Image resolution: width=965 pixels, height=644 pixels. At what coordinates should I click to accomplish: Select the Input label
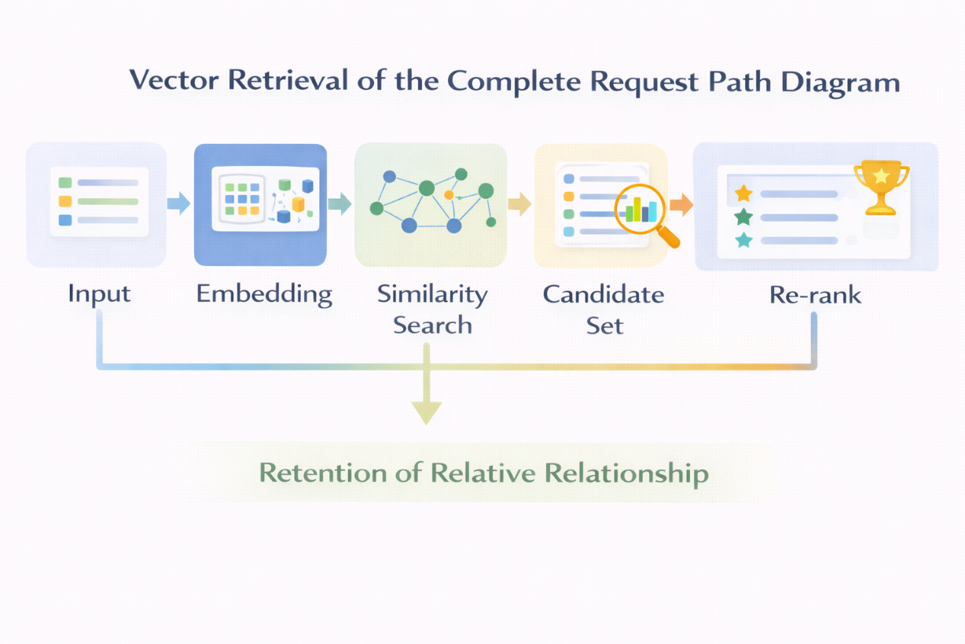(99, 294)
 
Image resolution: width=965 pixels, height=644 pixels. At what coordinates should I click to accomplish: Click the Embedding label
(264, 294)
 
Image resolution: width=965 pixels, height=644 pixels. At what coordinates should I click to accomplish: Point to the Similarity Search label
(432, 309)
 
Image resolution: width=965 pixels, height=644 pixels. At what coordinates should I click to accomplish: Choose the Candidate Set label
(604, 309)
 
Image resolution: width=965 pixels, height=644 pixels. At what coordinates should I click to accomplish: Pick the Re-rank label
(814, 295)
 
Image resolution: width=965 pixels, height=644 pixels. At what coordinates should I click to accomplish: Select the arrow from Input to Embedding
(179, 204)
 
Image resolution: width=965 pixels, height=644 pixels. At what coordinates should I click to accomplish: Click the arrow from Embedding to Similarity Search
(339, 204)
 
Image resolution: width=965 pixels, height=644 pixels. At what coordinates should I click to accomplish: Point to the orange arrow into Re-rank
(681, 204)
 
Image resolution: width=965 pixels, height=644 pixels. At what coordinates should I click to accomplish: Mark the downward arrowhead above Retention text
(426, 411)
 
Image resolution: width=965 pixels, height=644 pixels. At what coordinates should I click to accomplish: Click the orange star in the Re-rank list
(743, 193)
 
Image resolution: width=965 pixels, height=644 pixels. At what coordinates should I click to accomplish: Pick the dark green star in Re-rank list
(743, 217)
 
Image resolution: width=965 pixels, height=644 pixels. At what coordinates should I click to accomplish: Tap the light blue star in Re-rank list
(743, 241)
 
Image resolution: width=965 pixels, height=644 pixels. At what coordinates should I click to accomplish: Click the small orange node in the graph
(449, 193)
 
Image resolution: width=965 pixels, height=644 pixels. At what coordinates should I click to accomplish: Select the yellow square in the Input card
(65, 201)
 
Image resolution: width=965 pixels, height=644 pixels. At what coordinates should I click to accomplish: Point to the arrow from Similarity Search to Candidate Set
(519, 204)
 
